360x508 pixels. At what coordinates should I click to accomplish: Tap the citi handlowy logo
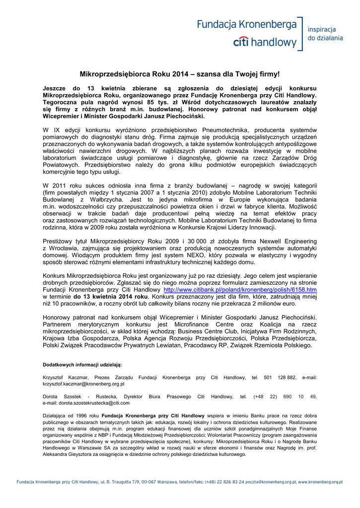264,42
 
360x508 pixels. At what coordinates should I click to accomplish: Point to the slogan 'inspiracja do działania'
325,33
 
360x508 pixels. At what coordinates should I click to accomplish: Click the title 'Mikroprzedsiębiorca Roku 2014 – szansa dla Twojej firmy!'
180,74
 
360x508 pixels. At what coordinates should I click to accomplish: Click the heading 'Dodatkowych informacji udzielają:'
82,365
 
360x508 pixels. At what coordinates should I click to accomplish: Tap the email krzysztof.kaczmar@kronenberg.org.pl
83,383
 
